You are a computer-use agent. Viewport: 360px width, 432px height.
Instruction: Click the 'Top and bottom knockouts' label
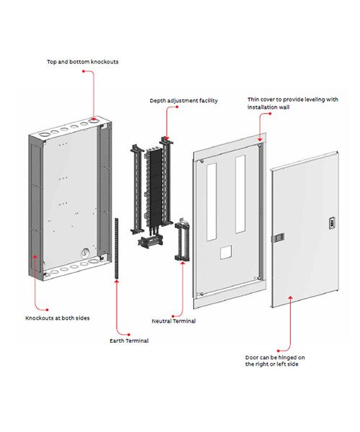83,62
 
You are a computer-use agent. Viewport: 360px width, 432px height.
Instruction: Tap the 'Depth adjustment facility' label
184,101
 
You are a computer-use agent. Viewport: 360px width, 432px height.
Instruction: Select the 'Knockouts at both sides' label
58,318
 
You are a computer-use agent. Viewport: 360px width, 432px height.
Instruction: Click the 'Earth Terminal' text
129,341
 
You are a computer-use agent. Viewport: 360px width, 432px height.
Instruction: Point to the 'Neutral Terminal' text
174,321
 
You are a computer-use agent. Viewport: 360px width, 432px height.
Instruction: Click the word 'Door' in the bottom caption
252,357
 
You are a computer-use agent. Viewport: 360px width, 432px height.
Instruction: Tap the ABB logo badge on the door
331,223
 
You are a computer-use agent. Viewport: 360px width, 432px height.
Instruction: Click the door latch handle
279,238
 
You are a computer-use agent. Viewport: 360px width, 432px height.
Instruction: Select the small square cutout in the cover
226,253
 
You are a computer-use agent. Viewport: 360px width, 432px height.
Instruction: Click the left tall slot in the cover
212,202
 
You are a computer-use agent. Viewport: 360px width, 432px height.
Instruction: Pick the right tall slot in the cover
240,194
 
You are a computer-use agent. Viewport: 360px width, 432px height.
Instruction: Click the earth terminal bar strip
117,248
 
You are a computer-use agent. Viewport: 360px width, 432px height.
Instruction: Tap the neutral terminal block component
182,240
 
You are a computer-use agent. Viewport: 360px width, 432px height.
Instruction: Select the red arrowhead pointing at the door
290,298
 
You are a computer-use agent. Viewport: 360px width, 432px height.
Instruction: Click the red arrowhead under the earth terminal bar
117,282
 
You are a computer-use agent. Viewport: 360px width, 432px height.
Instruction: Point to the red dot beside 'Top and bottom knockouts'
84,71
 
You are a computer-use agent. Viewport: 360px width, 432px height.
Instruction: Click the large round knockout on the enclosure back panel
85,252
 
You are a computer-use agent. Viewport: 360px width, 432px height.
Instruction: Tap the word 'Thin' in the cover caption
253,99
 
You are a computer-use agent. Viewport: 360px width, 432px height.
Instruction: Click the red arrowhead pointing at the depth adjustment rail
166,138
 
